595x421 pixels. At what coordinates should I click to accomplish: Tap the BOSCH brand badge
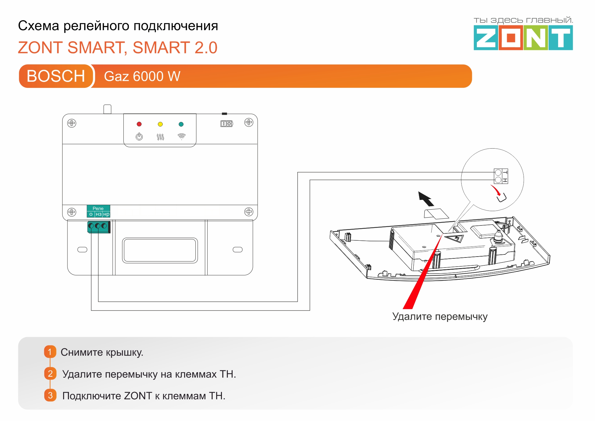tap(56, 76)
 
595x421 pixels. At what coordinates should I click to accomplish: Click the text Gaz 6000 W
tap(142, 76)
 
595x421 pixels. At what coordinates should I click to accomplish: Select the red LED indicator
tap(139, 124)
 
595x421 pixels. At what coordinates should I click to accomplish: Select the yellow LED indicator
tap(160, 124)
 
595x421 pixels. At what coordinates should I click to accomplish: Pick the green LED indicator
tap(181, 124)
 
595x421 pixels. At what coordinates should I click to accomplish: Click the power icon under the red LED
tap(139, 136)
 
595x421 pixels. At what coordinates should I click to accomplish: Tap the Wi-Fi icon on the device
tap(181, 136)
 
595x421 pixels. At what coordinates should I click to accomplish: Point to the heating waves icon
tap(160, 137)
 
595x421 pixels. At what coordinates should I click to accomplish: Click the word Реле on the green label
tap(98, 208)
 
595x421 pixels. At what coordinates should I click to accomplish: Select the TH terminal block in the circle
tap(501, 176)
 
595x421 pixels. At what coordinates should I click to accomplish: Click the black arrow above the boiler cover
tap(426, 199)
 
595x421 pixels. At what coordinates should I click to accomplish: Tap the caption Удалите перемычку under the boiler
tap(440, 316)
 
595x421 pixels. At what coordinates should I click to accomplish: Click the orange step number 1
tap(50, 352)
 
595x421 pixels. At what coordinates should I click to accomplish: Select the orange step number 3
tap(50, 395)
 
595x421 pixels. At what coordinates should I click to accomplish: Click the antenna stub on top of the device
tap(107, 109)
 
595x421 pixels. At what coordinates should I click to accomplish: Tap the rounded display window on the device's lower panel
tap(160, 250)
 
